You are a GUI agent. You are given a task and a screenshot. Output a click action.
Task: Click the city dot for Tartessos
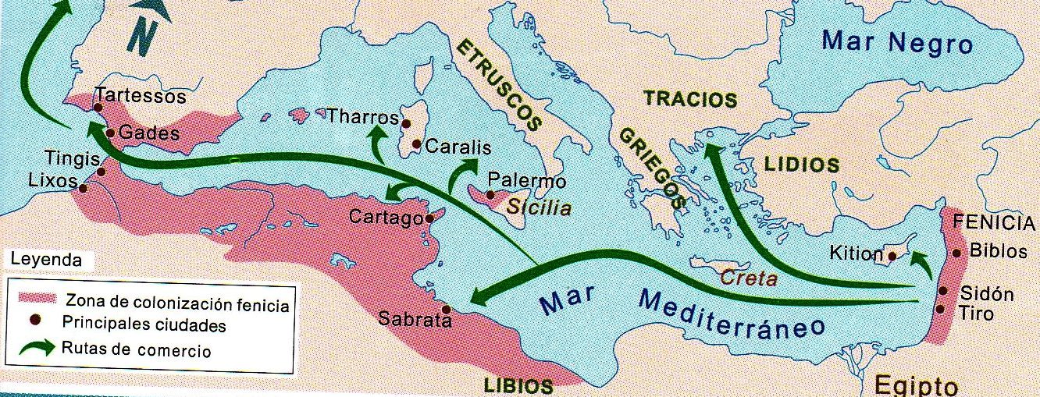pyautogui.click(x=98, y=108)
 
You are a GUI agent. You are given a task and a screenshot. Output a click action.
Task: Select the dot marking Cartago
pyautogui.click(x=429, y=218)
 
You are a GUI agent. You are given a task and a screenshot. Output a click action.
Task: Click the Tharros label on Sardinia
pyautogui.click(x=362, y=117)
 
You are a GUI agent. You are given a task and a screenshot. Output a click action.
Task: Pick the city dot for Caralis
pyautogui.click(x=417, y=144)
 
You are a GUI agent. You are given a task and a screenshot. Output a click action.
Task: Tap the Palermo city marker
pyautogui.click(x=490, y=195)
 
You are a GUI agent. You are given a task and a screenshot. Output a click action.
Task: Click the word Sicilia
pyautogui.click(x=539, y=209)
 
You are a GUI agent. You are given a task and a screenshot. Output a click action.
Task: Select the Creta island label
pyautogui.click(x=748, y=278)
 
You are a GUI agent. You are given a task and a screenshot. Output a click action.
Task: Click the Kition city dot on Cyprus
pyautogui.click(x=891, y=254)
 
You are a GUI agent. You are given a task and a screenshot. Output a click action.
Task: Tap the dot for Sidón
pyautogui.click(x=943, y=292)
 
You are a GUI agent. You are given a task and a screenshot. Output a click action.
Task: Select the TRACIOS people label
pyautogui.click(x=689, y=100)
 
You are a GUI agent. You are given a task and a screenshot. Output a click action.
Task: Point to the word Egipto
pyautogui.click(x=915, y=385)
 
